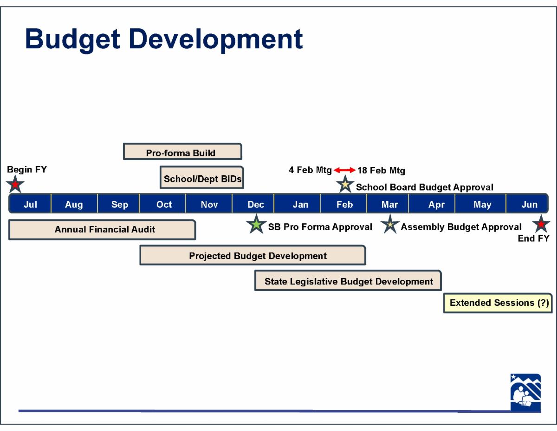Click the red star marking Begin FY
15,184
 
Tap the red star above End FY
541,224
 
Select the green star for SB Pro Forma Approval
256,224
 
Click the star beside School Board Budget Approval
345,184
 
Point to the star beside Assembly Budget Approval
390,224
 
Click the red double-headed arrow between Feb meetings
344,170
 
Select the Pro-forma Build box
182,152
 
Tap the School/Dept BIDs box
202,178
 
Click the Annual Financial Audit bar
102,230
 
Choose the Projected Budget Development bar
253,255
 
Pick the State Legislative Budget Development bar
348,280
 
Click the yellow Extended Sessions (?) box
498,303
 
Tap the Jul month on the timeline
30,204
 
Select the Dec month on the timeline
256,204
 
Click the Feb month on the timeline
344,204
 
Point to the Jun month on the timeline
529,204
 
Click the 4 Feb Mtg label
310,170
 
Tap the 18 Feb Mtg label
381,170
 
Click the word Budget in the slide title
72,40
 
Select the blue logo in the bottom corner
525,393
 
